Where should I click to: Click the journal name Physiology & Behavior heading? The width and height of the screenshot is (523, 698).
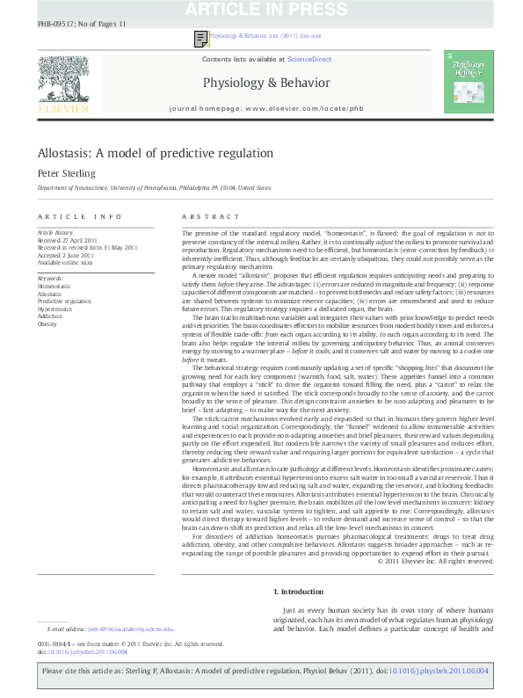coord(266,84)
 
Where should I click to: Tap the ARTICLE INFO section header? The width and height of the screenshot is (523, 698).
coord(67,216)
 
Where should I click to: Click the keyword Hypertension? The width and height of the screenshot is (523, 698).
coord(54,309)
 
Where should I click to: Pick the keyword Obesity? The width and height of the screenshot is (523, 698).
coord(47,324)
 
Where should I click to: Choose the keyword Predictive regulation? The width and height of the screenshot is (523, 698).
coord(63,302)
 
